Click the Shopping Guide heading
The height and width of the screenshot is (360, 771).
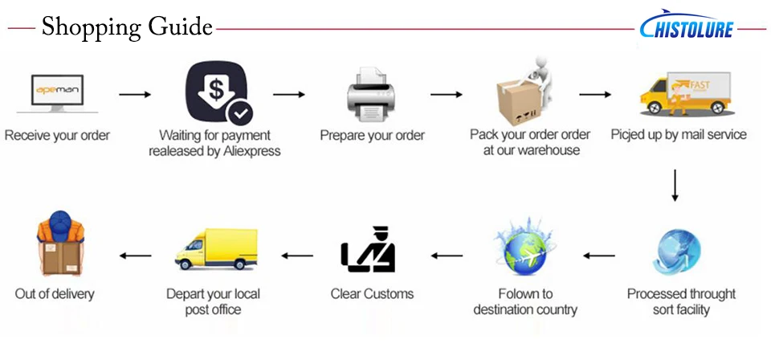[127, 27]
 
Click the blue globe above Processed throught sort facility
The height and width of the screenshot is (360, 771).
[676, 252]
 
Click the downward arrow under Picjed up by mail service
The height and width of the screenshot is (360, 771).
[675, 184]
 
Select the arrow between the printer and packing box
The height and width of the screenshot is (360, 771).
[446, 95]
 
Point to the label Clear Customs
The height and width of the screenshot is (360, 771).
[372, 294]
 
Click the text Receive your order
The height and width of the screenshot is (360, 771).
[57, 135]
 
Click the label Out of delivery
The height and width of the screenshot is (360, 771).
[55, 294]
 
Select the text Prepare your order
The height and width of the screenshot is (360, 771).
[372, 135]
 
